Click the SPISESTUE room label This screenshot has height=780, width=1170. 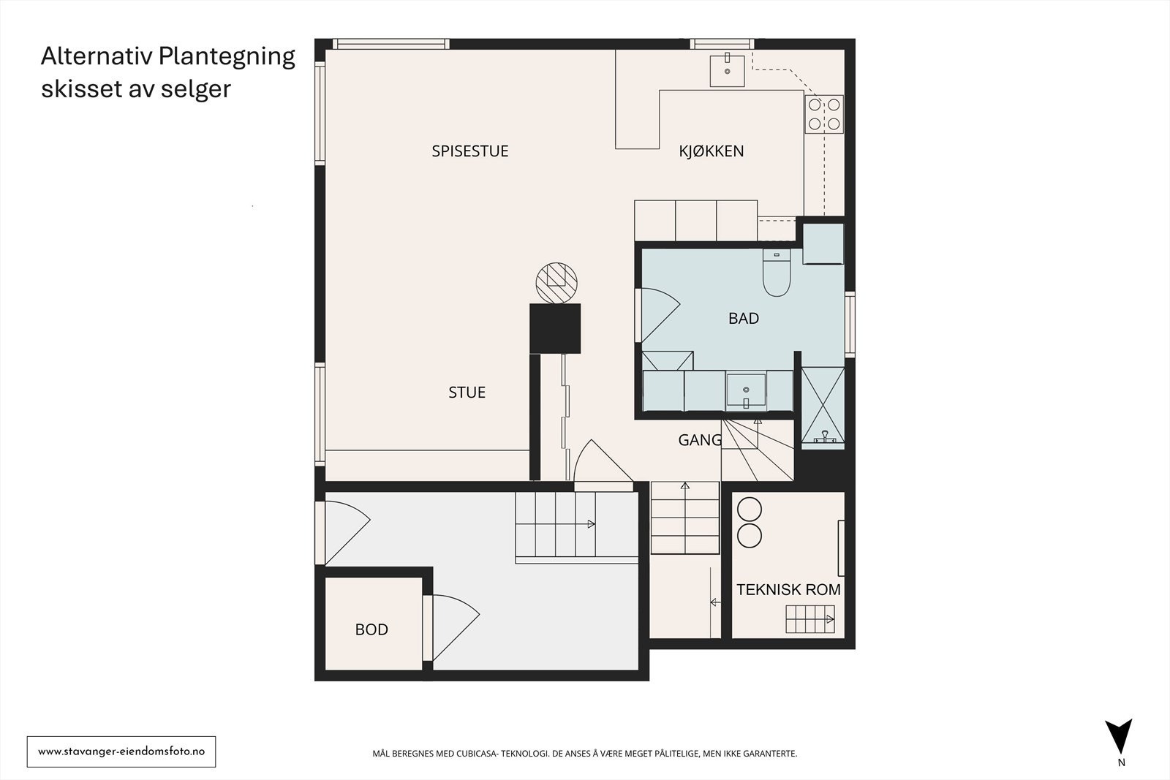(469, 151)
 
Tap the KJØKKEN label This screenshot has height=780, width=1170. (711, 151)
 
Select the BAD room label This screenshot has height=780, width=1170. (743, 319)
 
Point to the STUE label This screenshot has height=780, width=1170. (467, 393)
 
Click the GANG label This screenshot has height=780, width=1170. (700, 440)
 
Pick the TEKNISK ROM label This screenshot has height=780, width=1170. (788, 590)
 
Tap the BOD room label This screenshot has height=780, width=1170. (371, 629)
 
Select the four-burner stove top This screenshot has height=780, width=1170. (823, 114)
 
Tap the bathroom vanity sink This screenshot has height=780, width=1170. (746, 390)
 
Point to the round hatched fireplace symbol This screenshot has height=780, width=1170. (556, 283)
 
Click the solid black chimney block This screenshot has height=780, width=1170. (555, 329)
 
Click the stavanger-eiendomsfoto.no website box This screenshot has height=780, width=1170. (121, 751)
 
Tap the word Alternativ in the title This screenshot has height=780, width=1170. (96, 56)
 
